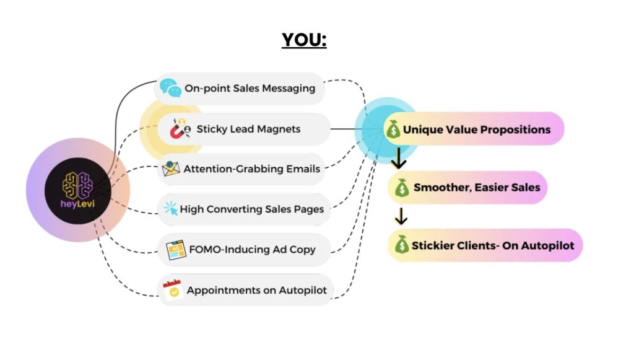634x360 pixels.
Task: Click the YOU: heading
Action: coord(304,40)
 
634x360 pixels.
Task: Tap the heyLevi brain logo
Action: coord(77,186)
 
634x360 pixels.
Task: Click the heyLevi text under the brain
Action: coord(77,204)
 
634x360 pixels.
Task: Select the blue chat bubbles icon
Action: coord(170,88)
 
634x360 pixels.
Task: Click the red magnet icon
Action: coord(180,129)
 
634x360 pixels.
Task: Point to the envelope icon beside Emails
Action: coord(171,169)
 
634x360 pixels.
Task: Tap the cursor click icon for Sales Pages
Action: coord(171,208)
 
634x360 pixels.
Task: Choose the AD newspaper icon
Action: coord(176,250)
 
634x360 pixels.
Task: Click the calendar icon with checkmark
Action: coord(173,289)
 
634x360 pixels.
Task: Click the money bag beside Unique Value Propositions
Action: coord(393,129)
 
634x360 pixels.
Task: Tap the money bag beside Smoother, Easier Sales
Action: coord(402,188)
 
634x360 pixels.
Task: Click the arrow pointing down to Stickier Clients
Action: coord(401,216)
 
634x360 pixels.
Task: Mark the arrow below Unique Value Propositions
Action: coord(399,158)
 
